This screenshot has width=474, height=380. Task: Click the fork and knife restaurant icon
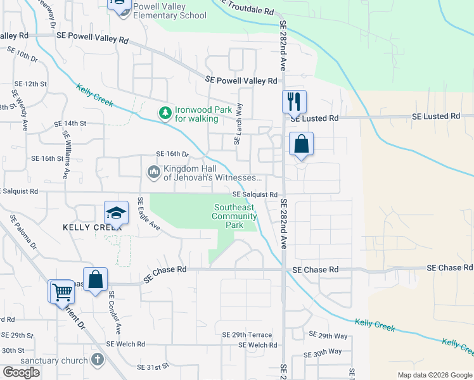click(x=294, y=101)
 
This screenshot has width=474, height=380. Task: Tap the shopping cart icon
click(x=62, y=293)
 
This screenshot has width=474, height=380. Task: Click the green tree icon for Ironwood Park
click(x=165, y=113)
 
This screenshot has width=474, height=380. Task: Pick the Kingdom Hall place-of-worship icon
click(x=154, y=172)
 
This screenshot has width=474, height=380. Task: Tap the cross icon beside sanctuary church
click(x=97, y=360)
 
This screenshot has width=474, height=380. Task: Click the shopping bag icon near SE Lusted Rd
click(x=302, y=144)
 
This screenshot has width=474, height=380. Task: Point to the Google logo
click(x=21, y=372)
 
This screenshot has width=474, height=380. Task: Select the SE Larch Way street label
click(x=238, y=124)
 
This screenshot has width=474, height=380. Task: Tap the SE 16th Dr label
click(x=172, y=154)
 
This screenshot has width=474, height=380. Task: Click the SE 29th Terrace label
click(x=247, y=334)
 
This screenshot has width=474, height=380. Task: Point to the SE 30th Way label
click(x=323, y=351)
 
